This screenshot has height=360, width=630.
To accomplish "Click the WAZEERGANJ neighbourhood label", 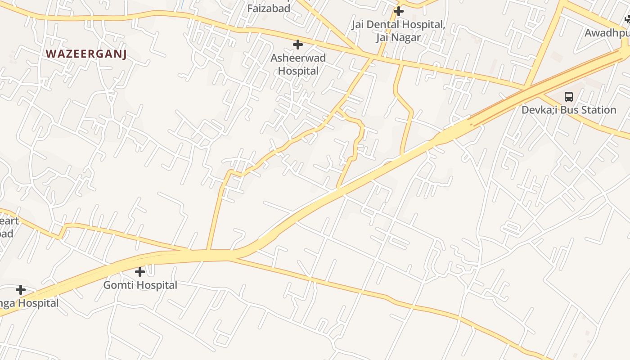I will [86, 54].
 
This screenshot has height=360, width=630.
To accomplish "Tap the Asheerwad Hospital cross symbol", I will [298, 45].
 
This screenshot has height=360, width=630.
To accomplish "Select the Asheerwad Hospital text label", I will [298, 64].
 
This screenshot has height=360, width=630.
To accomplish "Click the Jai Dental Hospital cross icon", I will [399, 11].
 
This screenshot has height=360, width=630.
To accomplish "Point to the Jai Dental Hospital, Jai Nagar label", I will [398, 31].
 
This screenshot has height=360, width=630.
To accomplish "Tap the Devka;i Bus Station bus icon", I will [569, 96].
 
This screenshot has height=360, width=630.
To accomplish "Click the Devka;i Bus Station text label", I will [569, 110].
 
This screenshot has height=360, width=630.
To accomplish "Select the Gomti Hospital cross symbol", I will [140, 272].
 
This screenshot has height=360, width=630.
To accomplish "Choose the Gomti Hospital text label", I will [140, 285].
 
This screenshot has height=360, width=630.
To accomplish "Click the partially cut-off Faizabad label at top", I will [269, 8].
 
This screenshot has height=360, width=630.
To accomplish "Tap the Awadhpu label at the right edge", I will [607, 33].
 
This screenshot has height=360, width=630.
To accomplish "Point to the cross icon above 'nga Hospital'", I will [21, 290].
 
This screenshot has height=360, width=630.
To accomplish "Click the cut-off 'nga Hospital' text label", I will [29, 303].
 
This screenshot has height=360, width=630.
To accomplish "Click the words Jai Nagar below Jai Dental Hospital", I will [398, 37].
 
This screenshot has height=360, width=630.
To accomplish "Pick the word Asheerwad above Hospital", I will [298, 58].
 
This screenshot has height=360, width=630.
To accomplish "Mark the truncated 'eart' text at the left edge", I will [9, 221].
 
